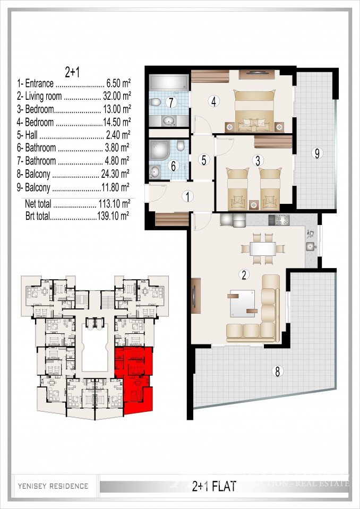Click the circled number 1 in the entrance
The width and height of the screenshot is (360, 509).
[x=187, y=196]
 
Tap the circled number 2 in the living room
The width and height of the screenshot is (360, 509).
[x=244, y=274]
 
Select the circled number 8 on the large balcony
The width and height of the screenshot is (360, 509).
[x=276, y=371]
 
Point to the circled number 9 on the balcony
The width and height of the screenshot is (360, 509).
[x=317, y=154]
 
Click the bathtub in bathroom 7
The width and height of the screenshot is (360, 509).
[x=168, y=82]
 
